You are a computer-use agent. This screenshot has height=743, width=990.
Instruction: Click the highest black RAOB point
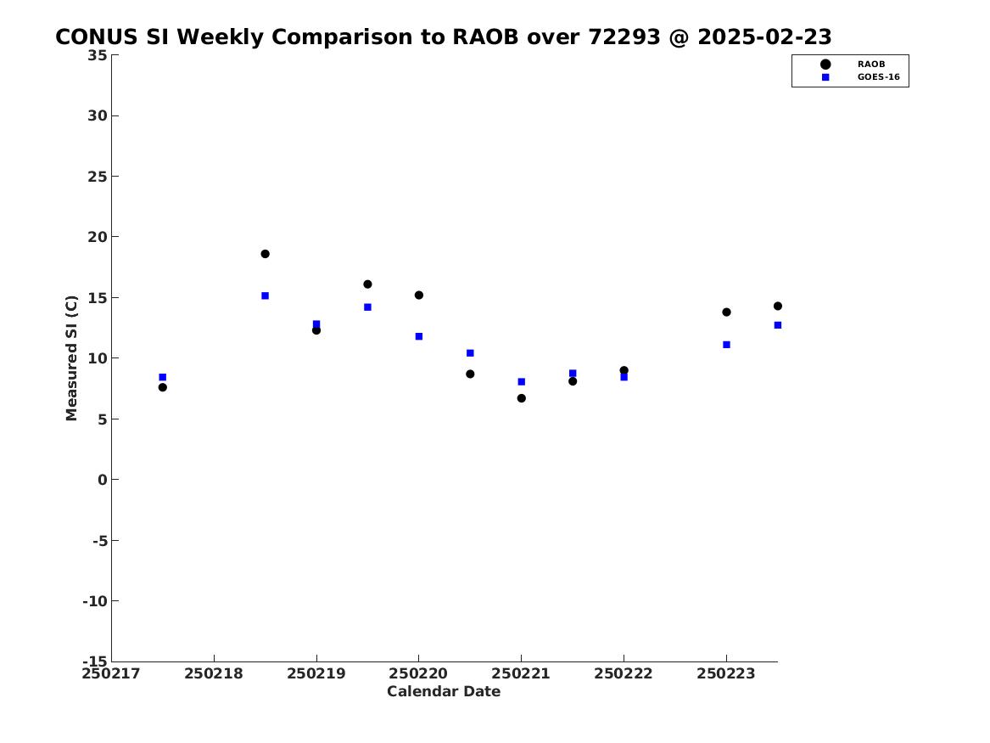[x=266, y=254]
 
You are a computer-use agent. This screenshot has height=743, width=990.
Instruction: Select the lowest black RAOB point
[x=522, y=398]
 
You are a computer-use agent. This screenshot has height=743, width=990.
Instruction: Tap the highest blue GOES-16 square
[x=266, y=296]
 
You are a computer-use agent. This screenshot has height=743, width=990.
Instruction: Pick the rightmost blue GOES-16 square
[x=778, y=325]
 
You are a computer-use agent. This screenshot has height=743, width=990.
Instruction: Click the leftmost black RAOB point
[x=163, y=387]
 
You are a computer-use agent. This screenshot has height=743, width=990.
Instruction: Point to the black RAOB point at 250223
[x=727, y=312]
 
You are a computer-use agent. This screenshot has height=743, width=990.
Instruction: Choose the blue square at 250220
[x=419, y=337]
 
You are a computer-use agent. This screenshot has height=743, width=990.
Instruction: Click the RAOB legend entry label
[x=871, y=65]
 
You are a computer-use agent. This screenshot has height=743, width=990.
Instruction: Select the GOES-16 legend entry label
[x=879, y=77]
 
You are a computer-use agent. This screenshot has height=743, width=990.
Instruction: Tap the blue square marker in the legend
[x=825, y=77]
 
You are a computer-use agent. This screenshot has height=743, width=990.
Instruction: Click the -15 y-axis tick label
[x=95, y=661]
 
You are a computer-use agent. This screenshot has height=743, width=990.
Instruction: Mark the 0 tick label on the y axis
[x=103, y=480]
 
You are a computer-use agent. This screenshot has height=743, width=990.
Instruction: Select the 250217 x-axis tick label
[x=111, y=674]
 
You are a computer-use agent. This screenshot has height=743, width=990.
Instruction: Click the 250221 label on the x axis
[x=521, y=674]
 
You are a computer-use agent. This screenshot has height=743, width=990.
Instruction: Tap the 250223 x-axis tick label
[x=726, y=674]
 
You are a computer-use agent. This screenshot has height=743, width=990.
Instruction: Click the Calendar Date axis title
[x=444, y=692]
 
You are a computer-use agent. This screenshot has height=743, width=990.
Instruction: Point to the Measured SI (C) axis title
[x=71, y=358]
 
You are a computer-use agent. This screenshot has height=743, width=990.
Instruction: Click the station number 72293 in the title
[x=624, y=37]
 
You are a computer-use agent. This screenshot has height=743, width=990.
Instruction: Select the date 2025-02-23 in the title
[x=764, y=37]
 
